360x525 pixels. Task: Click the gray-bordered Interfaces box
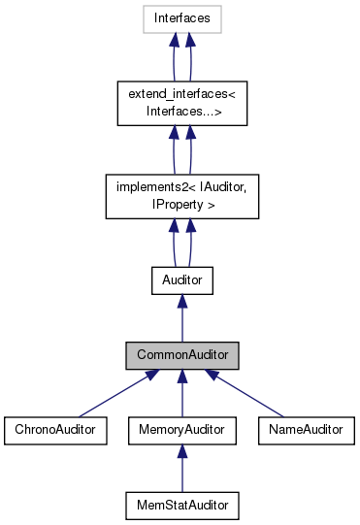click(181, 18)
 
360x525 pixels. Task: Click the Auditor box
click(181, 281)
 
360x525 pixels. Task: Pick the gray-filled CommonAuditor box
click(181, 356)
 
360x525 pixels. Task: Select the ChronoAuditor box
click(54, 428)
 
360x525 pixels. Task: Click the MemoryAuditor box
click(181, 428)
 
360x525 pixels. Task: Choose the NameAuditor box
click(306, 428)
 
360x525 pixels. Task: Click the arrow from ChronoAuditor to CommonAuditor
click(117, 392)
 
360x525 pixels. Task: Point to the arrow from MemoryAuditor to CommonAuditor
click(181, 393)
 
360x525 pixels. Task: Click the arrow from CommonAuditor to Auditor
click(181, 319)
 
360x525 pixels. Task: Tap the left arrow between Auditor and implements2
click(173, 243)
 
